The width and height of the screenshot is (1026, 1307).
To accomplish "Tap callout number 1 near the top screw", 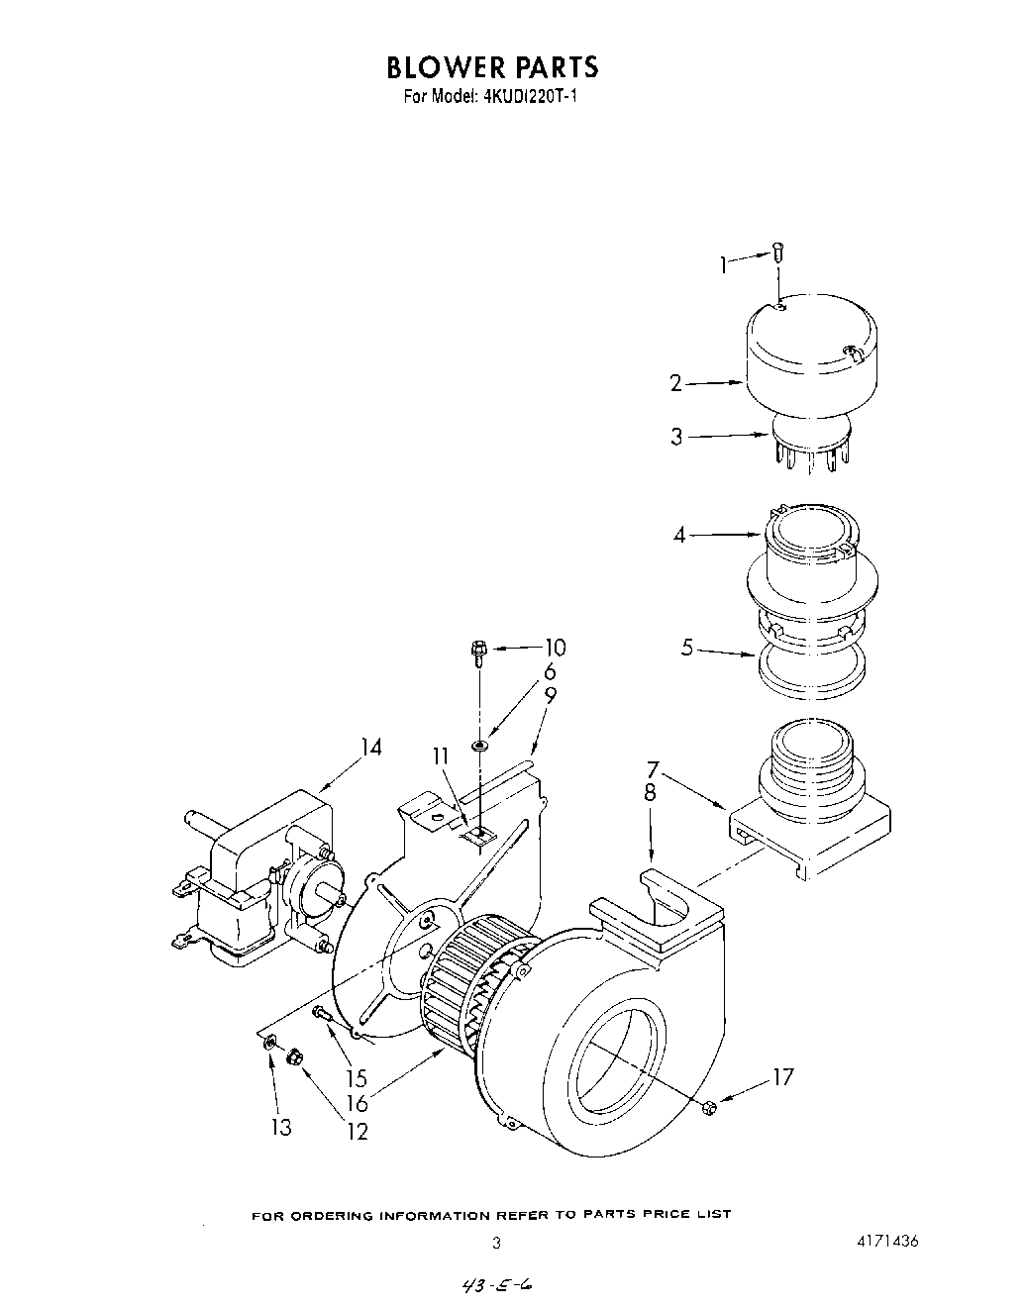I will point(724,263).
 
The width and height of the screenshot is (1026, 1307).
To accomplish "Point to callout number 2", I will point(676,383).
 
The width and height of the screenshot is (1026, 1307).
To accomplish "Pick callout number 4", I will point(678,535).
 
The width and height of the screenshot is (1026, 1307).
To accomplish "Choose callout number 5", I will point(687,650).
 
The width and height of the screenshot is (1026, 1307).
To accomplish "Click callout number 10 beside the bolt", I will point(555,648).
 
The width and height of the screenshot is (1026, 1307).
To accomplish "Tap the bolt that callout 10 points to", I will point(478,650).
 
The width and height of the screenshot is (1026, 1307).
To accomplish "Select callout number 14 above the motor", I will point(370,748).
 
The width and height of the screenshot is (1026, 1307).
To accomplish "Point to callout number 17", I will point(782,1076).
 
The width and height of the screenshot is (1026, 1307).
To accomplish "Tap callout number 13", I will point(282,1126).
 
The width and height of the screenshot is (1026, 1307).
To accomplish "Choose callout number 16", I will point(357,1102).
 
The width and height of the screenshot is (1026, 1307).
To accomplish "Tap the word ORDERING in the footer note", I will point(334,1214).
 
